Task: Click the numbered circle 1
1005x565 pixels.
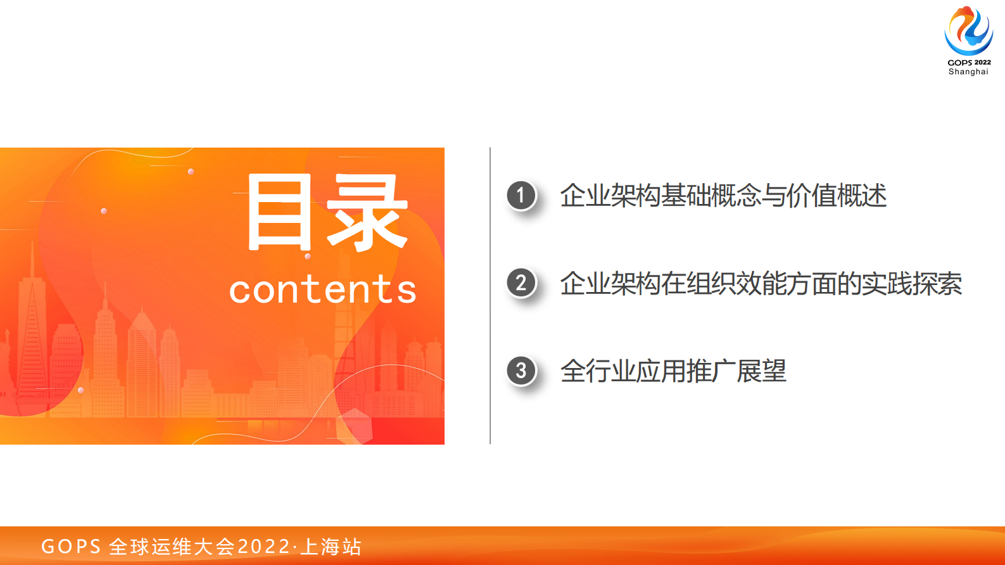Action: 521,195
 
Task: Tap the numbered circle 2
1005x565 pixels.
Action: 521,282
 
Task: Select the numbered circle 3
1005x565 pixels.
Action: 521,370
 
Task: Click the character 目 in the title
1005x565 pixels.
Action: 279,212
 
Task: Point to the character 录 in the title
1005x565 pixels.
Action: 367,212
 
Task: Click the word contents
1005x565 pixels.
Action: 322,290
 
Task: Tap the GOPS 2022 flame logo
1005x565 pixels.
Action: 968,30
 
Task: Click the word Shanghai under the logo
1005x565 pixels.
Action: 968,72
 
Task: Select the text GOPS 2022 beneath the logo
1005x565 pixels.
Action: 969,62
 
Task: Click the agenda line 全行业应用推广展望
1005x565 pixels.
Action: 673,371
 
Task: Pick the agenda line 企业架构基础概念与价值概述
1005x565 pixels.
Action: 723,196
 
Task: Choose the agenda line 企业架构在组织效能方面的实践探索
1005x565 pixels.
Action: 761,284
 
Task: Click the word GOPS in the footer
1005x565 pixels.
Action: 71,547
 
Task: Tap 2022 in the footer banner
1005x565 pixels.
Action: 263,547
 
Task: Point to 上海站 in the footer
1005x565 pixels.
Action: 331,547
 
